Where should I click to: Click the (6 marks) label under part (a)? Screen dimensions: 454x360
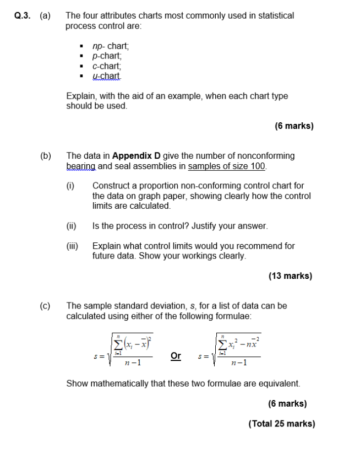[x=294, y=126]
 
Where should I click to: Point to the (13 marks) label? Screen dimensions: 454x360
[x=290, y=276]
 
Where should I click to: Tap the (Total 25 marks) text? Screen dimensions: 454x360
[x=282, y=424]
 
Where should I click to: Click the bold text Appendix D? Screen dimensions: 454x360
[x=137, y=156]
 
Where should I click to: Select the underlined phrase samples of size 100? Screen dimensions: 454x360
[x=227, y=166]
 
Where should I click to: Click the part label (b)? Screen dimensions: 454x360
[x=45, y=156]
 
